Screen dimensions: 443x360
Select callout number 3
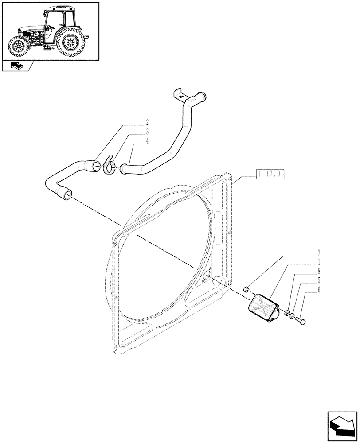click(x=147, y=131)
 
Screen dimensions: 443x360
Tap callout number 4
click(x=147, y=141)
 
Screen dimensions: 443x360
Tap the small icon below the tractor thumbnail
click(x=17, y=66)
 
